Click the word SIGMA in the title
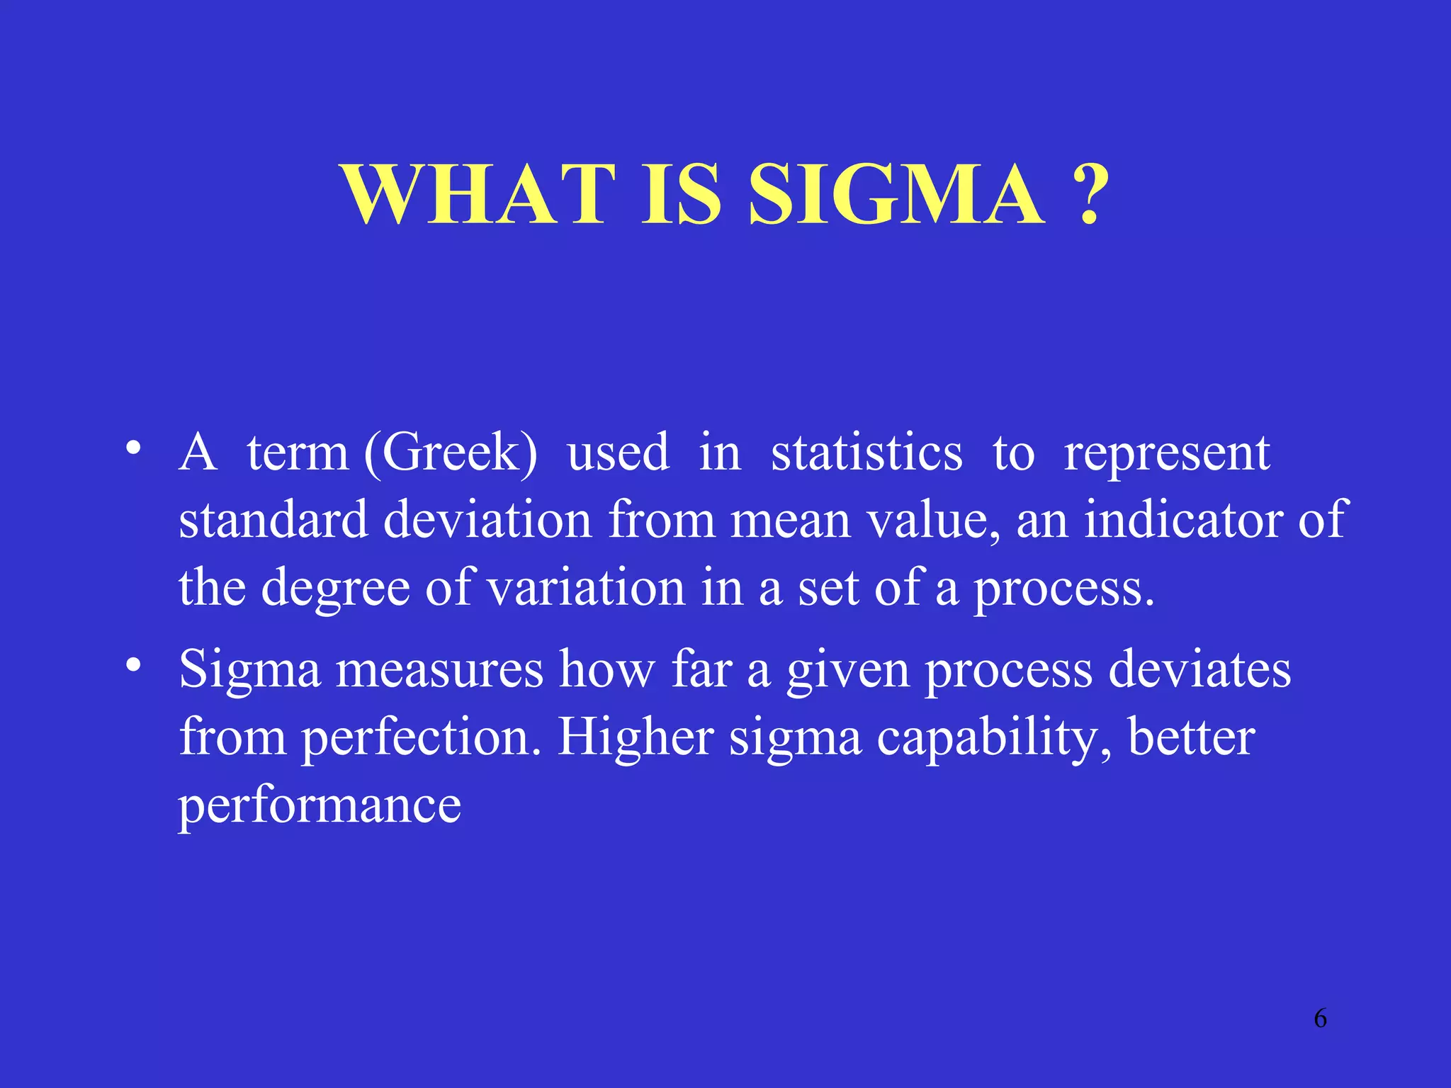point(896,194)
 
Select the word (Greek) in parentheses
point(451,453)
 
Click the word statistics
point(866,453)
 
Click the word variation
point(587,588)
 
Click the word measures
point(439,669)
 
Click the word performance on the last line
point(320,807)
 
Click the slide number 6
point(1320,1019)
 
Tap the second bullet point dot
point(133,666)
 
